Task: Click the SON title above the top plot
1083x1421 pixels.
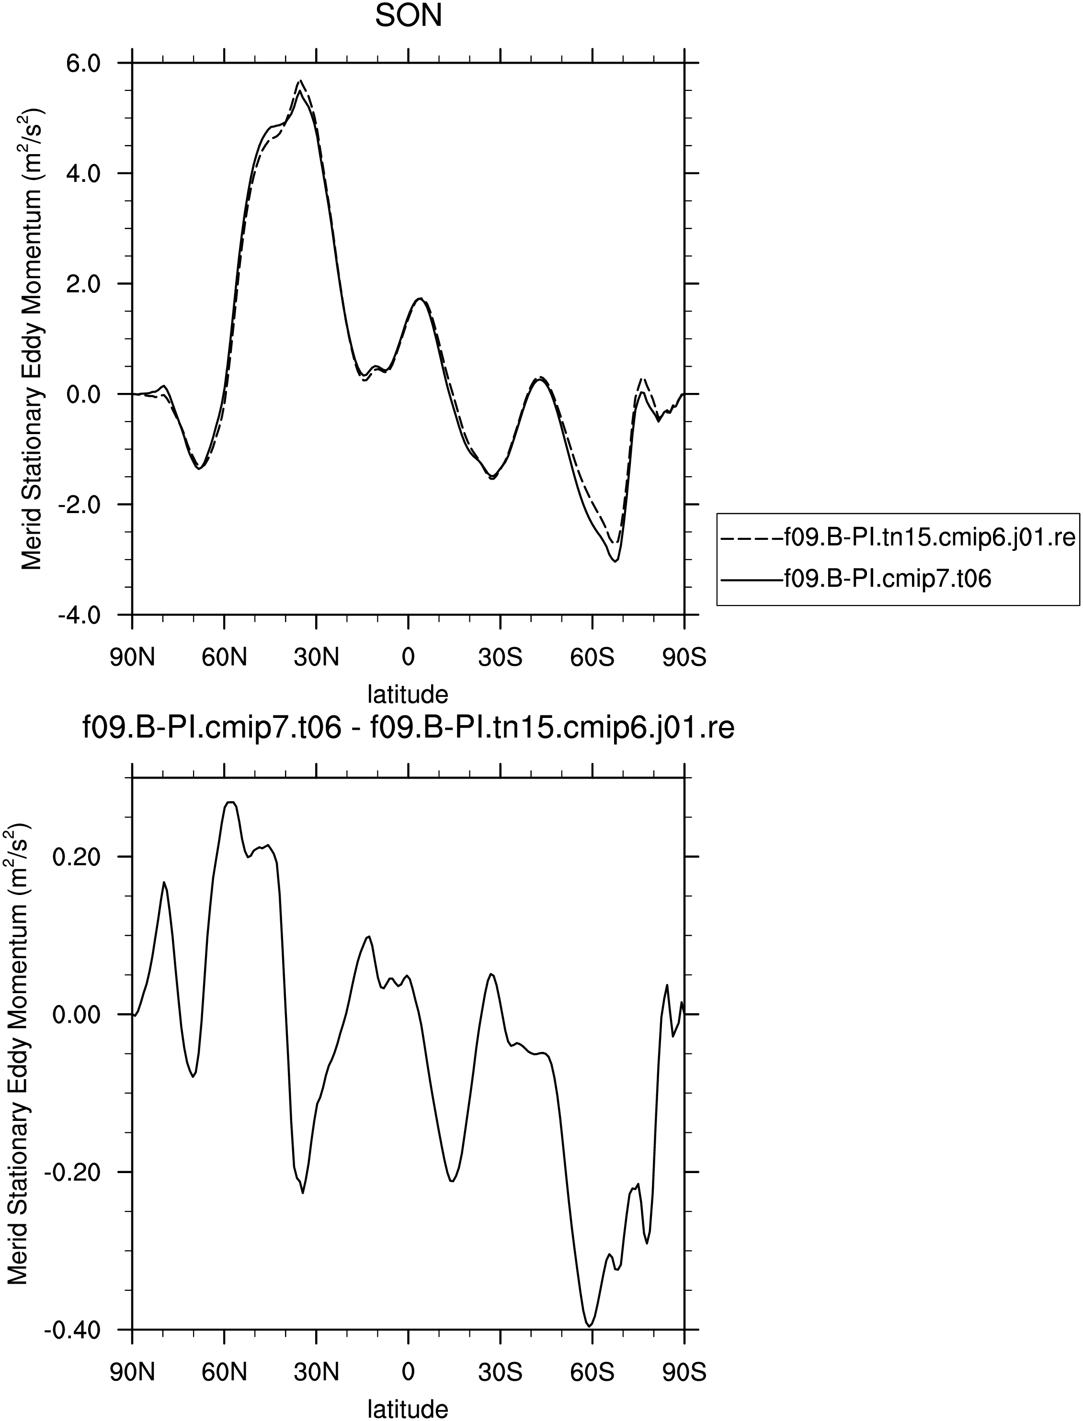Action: pyautogui.click(x=409, y=17)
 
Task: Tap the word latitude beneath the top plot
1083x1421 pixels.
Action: pyautogui.click(x=408, y=694)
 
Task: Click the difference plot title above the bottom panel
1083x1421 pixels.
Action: pyautogui.click(x=409, y=728)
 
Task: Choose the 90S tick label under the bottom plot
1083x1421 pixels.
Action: pyautogui.click(x=684, y=1372)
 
